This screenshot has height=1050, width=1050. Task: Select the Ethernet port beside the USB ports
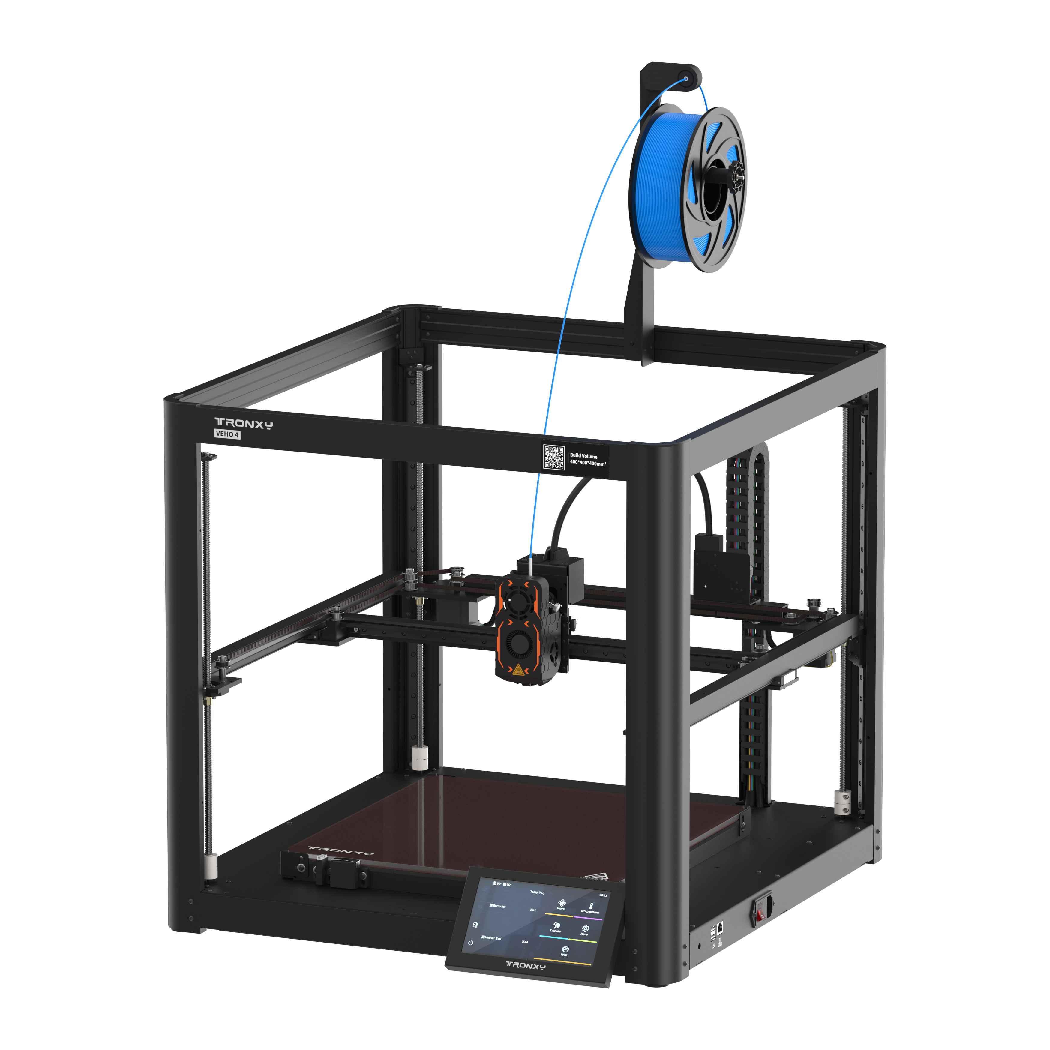pyautogui.click(x=720, y=927)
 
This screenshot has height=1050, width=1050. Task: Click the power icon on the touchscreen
pyautogui.click(x=471, y=943)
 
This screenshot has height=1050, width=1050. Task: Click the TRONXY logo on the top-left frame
pyautogui.click(x=244, y=423)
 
